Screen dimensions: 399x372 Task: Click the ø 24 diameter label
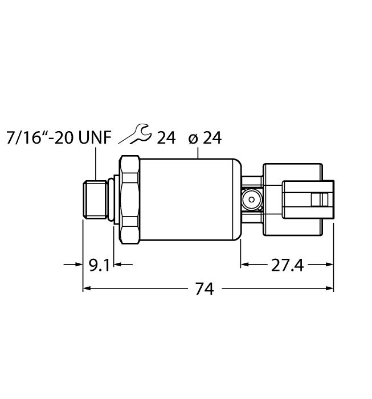point(204,138)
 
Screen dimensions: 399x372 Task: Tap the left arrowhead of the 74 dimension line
point(87,289)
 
